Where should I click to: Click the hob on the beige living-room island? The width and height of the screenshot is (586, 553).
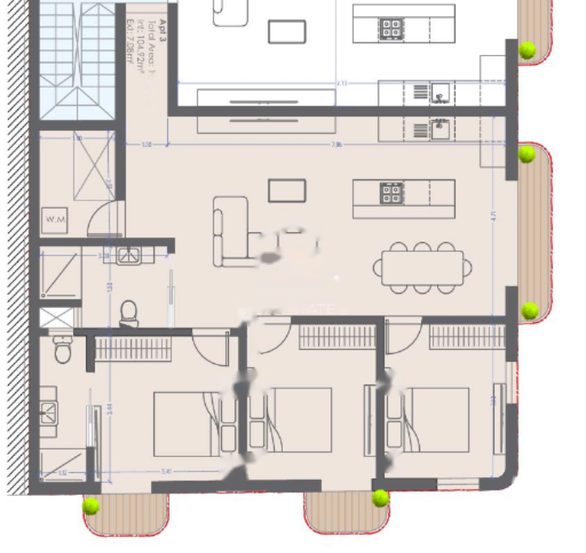pos(391,193)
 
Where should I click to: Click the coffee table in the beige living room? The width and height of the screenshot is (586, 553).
pos(287,191)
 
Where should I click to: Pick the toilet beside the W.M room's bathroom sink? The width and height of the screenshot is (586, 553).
pos(129,312)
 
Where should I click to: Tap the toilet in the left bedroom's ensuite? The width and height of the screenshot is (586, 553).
pos(63,349)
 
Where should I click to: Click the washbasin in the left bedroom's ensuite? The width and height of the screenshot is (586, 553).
pos(48,411)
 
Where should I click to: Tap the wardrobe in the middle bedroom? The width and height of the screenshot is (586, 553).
pos(336,337)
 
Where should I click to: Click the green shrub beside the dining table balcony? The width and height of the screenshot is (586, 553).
pos(529,310)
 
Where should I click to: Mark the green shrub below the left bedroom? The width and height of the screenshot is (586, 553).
pos(91,506)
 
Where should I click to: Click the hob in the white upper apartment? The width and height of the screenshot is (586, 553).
pos(391,28)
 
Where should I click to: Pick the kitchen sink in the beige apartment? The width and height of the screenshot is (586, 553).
pos(440,129)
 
